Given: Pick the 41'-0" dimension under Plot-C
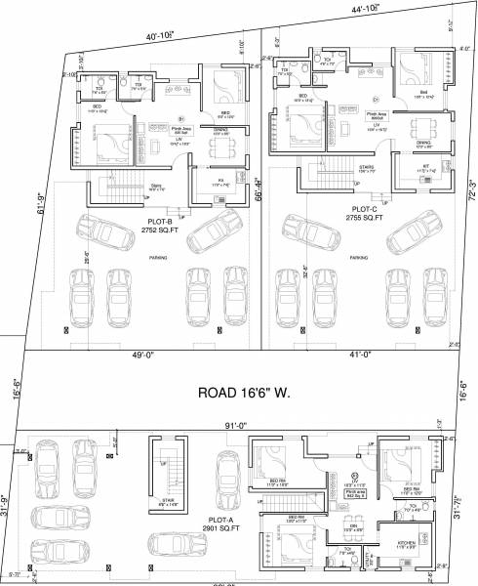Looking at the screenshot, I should (357, 356).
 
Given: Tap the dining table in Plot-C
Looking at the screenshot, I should (422, 129).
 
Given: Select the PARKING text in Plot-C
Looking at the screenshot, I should (358, 259).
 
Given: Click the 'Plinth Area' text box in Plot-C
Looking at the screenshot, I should (376, 115).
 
